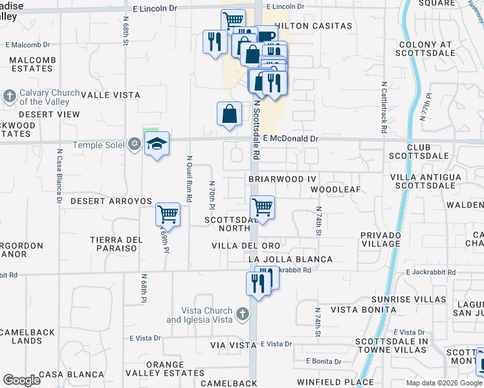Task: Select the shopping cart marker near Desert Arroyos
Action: pos(168,213)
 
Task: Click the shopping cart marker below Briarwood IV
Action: pos(262,208)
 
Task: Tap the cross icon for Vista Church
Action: pos(242,315)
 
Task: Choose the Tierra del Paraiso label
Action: pos(116,244)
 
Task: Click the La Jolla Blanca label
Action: pos(291,259)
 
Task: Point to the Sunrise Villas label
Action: pos(408,299)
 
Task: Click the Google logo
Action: pos(22,380)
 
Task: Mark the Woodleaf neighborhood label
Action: pos(335,189)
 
